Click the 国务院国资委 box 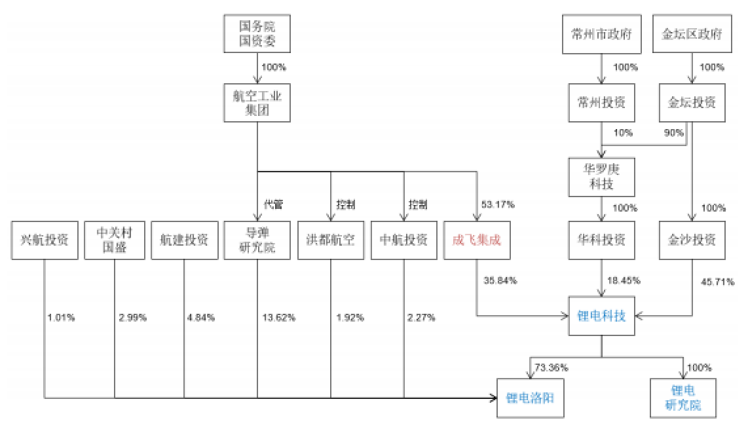pos(256,35)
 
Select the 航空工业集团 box pos(256,103)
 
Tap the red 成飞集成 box pos(476,240)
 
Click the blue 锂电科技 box pos(602,317)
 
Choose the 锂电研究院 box pos(683,397)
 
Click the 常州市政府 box pos(601,35)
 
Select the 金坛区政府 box pos(692,35)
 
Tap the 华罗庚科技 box pos(601,177)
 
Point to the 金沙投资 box pos(692,240)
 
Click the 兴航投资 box pos(45,240)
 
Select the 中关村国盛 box pos(115,240)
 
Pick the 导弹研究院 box pos(256,240)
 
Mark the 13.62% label pos(279,318)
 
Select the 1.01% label pos(61,318)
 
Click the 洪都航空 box pos(330,240)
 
